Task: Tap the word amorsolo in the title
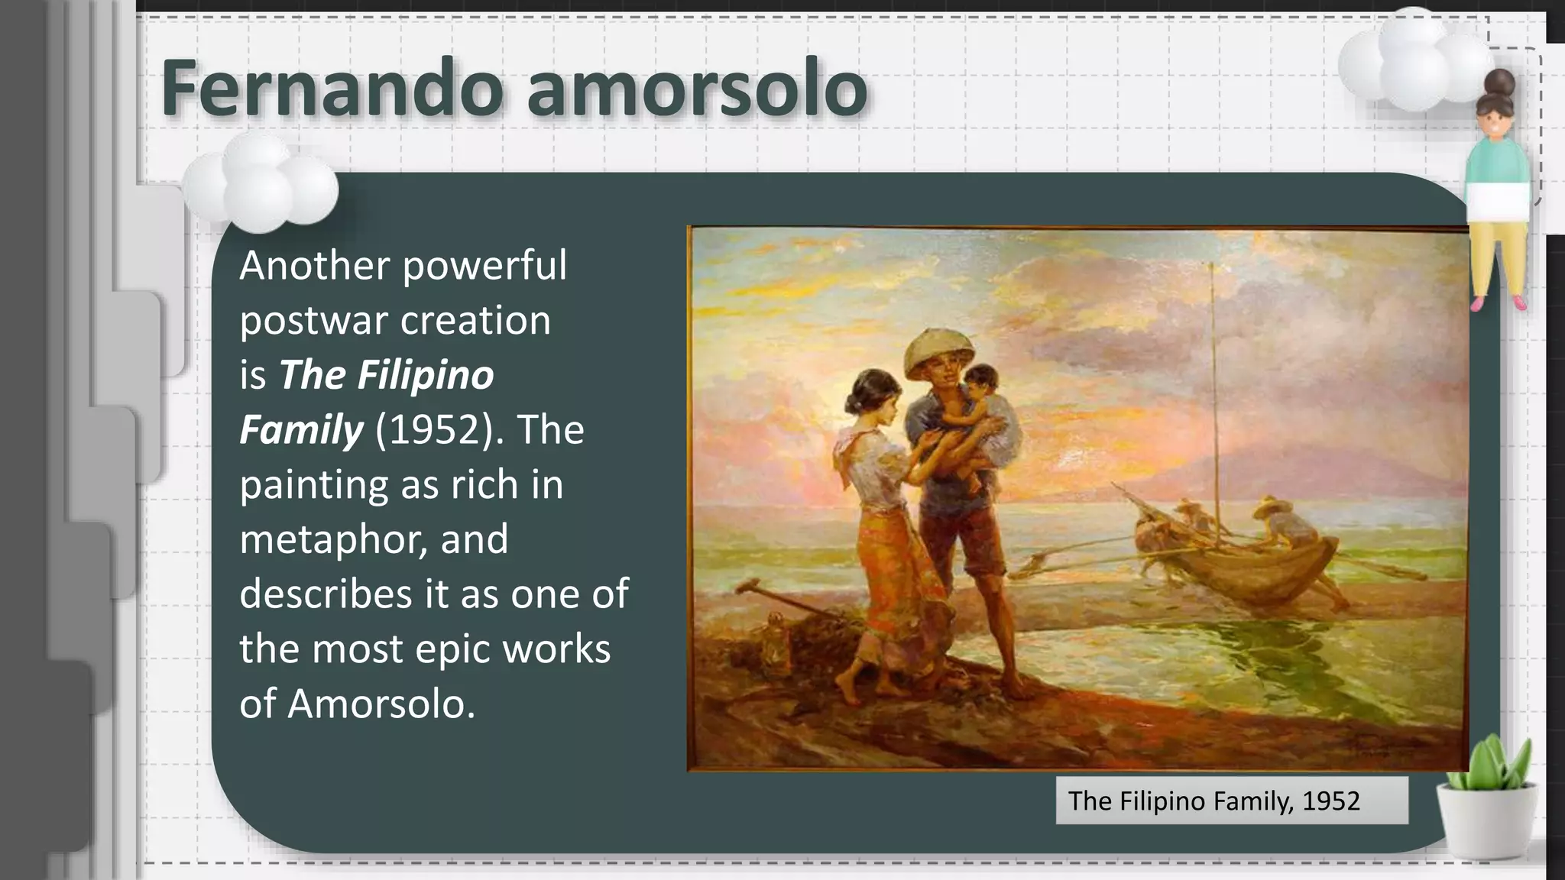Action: click(x=696, y=88)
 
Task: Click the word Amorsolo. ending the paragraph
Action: click(x=381, y=704)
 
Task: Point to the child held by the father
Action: click(x=972, y=412)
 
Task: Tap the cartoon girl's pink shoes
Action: click(x=1498, y=303)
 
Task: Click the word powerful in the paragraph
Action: click(x=484, y=266)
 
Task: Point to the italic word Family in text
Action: click(x=301, y=429)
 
